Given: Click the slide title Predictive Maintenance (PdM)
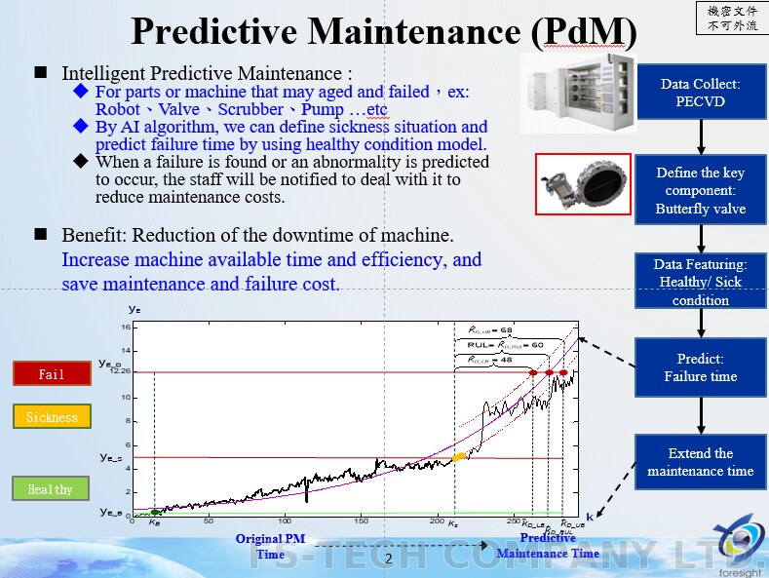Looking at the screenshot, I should [x=384, y=31].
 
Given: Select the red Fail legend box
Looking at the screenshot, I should [x=52, y=373].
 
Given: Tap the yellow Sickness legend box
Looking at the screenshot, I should [x=52, y=417].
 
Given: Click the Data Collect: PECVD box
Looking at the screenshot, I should [x=700, y=93].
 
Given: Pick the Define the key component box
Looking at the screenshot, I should [x=700, y=190].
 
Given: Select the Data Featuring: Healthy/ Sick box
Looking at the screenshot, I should [x=700, y=282].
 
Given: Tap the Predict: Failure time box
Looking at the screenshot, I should [x=700, y=367].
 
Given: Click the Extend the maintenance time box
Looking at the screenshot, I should [x=700, y=462].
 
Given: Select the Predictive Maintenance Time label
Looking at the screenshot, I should [x=547, y=546].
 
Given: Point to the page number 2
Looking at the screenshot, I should [x=388, y=559].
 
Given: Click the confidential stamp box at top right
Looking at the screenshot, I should [x=731, y=18].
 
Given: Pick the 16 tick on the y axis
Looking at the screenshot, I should [x=126, y=328].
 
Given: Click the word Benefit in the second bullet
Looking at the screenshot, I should [x=96, y=236].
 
